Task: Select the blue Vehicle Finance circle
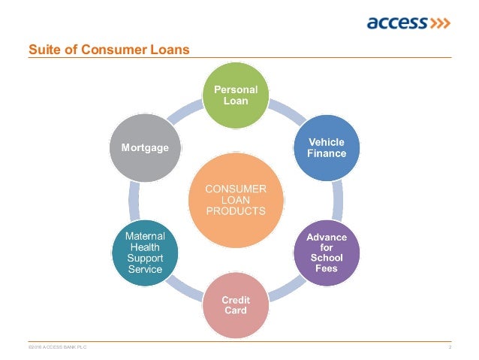[327, 147]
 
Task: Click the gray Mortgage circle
[146, 148]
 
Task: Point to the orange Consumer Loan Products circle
[236, 199]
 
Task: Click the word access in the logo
[396, 23]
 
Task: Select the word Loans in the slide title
[172, 50]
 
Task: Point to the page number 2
[449, 347]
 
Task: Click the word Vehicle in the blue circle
[327, 142]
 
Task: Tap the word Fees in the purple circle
[327, 268]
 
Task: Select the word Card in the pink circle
[236, 310]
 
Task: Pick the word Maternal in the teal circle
[146, 236]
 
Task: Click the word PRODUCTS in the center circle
[236, 211]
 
